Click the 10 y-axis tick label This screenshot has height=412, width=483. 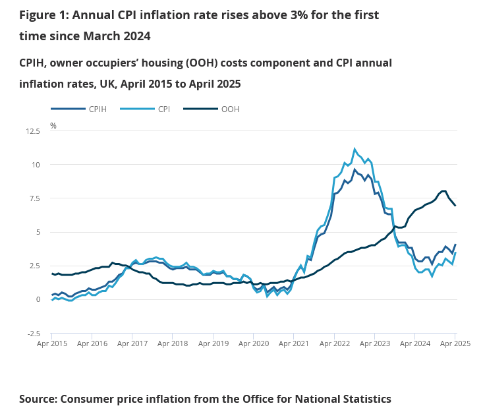tap(36, 165)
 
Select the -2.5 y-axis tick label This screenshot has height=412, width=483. tap(32, 334)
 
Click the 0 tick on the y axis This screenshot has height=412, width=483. tap(38, 299)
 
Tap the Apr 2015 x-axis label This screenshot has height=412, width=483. tap(51, 343)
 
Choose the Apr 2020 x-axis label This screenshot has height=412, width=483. tap(253, 343)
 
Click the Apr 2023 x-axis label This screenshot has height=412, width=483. tap(374, 343)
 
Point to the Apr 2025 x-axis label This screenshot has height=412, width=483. tap(455, 343)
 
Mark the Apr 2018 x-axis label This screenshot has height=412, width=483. tap(173, 343)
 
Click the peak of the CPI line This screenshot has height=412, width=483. tap(355, 149)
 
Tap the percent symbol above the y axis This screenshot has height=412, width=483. tap(53, 125)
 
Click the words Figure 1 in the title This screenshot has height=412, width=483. tap(45, 15)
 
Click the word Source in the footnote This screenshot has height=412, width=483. tap(38, 399)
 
